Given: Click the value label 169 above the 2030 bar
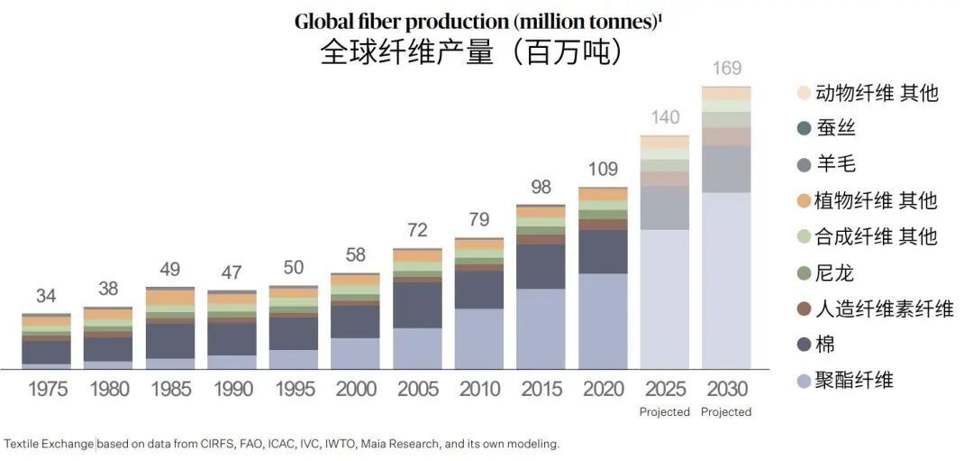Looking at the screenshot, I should (727, 69).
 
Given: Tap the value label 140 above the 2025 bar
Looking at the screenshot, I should (665, 117).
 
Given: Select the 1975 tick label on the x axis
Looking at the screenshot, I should (47, 390).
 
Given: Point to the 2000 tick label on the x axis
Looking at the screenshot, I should (356, 390).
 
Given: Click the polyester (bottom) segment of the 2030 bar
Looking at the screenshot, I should (727, 280).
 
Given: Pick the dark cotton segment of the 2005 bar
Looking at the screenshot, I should (418, 305).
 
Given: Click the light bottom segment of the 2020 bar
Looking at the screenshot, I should (604, 320).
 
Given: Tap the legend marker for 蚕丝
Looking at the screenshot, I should (805, 128).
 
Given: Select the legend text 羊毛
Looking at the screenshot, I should (835, 164).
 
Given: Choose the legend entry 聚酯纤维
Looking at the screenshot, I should (854, 380).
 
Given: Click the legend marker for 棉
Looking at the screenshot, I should (805, 345).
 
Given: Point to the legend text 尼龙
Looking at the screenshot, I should (835, 272).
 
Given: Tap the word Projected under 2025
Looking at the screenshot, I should (665, 412).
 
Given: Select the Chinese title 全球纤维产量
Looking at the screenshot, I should (407, 52).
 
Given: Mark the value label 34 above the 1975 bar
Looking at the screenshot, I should (47, 296).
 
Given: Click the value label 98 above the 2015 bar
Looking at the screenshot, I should (541, 187).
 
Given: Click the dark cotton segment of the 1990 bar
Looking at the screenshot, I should (232, 338).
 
